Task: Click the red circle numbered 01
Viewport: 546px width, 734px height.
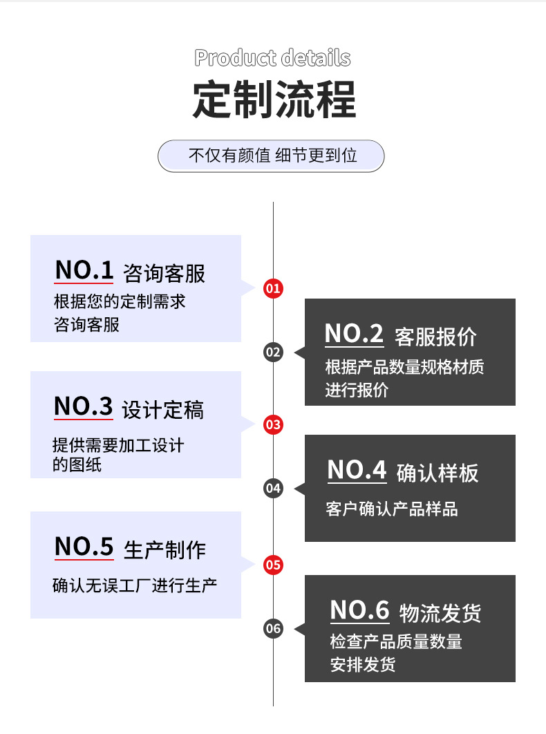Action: point(274,288)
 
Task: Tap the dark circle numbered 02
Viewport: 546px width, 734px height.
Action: point(274,352)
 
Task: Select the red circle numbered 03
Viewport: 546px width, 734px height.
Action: point(274,424)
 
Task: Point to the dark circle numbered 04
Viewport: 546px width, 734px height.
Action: point(274,489)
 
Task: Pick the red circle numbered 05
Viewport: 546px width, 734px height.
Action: point(274,565)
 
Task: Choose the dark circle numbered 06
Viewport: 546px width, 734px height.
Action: point(274,628)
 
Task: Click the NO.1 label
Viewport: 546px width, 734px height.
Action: point(84,270)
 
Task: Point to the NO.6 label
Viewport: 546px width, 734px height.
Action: point(359,610)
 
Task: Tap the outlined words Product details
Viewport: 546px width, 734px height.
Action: point(272,58)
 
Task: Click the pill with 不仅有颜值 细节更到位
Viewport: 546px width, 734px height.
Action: point(272,156)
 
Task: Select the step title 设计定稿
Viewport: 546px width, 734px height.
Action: point(162,410)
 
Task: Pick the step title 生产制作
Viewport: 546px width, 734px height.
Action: point(164,549)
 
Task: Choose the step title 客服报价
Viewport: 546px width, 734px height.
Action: point(435,337)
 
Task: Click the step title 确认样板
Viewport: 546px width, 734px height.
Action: point(437,473)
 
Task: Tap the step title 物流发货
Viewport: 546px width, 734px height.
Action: point(440,613)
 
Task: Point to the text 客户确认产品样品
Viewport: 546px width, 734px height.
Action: point(391,509)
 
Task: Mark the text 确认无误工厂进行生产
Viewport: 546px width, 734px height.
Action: point(135,585)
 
